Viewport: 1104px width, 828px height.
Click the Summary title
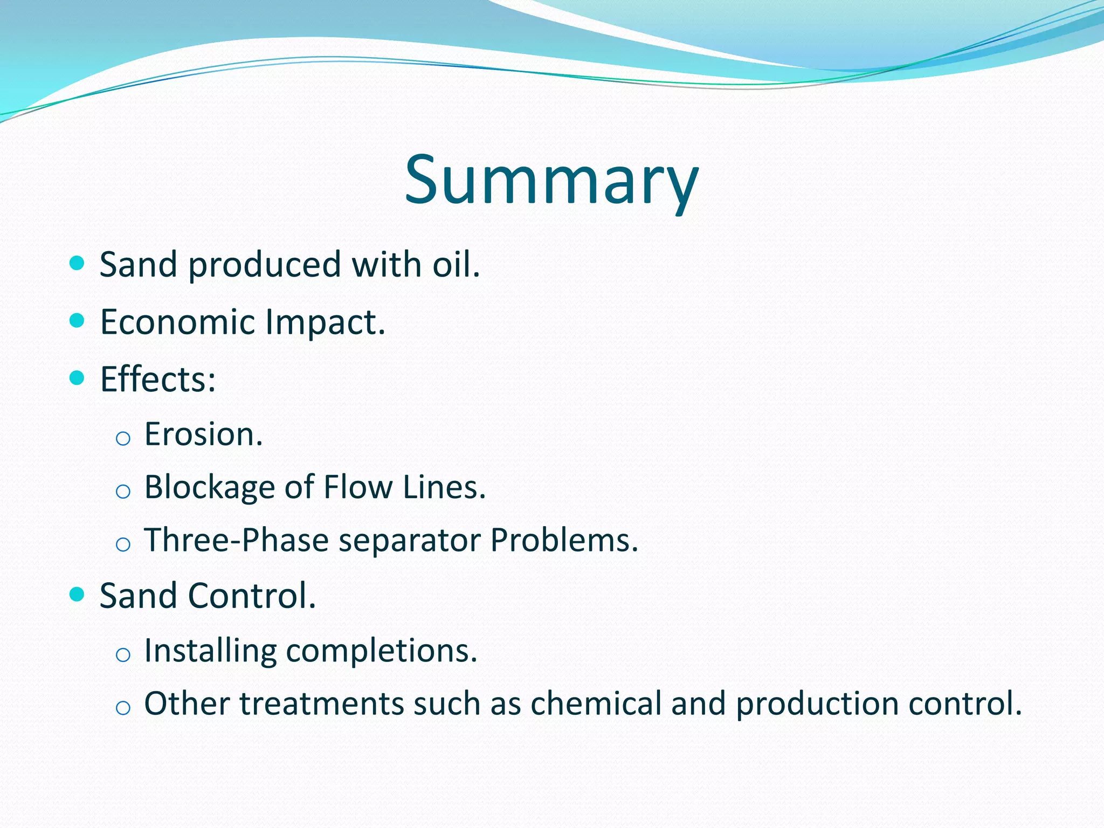click(551, 181)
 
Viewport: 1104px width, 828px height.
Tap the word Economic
click(177, 322)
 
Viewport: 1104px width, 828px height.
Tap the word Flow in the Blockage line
click(358, 487)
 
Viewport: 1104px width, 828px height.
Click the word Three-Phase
click(236, 540)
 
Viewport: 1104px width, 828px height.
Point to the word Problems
click(564, 540)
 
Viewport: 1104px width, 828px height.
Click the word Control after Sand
click(252, 596)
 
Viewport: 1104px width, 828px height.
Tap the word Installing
click(210, 651)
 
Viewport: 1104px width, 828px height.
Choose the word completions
click(381, 651)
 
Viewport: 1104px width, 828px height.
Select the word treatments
click(321, 703)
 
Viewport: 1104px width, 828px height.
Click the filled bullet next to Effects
click(78, 378)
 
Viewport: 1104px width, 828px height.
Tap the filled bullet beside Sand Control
click(78, 595)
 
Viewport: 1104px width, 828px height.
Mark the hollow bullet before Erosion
click(123, 438)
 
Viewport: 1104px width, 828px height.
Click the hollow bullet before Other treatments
click(123, 707)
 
